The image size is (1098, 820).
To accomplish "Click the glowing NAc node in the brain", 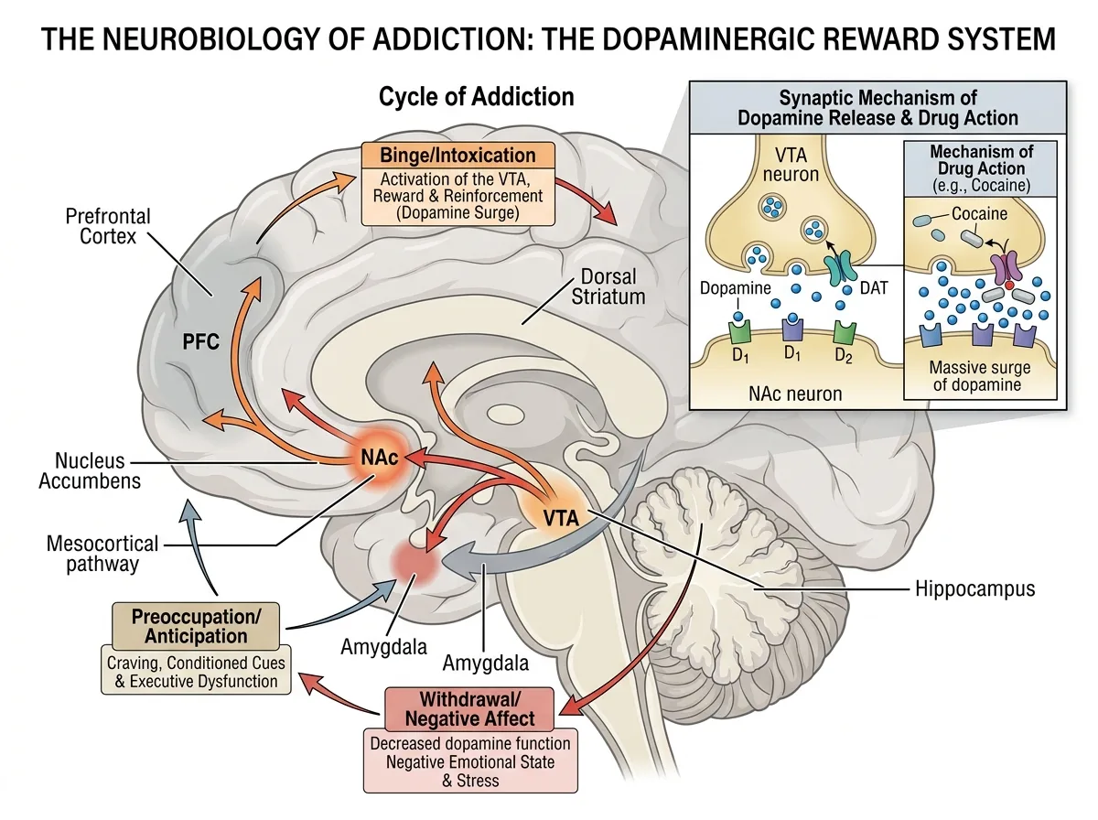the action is coord(379,458).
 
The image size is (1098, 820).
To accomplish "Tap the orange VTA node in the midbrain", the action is coord(559,515).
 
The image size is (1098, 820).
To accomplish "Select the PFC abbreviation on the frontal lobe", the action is coord(200,341).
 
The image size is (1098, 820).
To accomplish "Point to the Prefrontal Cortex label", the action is coord(108,226).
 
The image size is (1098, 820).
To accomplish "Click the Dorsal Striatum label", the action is coord(608,286).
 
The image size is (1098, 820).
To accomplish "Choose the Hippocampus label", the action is coord(975,588).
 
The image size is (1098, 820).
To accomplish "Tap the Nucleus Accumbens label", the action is coord(90,470).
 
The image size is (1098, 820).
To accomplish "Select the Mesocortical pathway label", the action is coord(102,554).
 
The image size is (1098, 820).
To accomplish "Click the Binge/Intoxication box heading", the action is coord(457,155).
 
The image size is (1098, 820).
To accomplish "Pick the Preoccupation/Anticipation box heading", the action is coord(196,626).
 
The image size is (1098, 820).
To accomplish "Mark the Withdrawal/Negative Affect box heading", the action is coord(469,709).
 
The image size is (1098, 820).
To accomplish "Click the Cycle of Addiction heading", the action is coord(476,97).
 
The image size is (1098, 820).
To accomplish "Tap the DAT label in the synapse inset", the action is coord(874,287).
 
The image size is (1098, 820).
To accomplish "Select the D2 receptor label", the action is coord(844,355).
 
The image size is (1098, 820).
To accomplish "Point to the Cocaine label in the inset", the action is coord(979,213).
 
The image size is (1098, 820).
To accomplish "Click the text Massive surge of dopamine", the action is coord(979,376).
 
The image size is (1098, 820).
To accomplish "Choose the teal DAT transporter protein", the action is coord(843,267).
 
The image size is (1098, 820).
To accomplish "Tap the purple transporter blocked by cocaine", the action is coord(1006,266).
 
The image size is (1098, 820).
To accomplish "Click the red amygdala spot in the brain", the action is coord(414,562).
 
